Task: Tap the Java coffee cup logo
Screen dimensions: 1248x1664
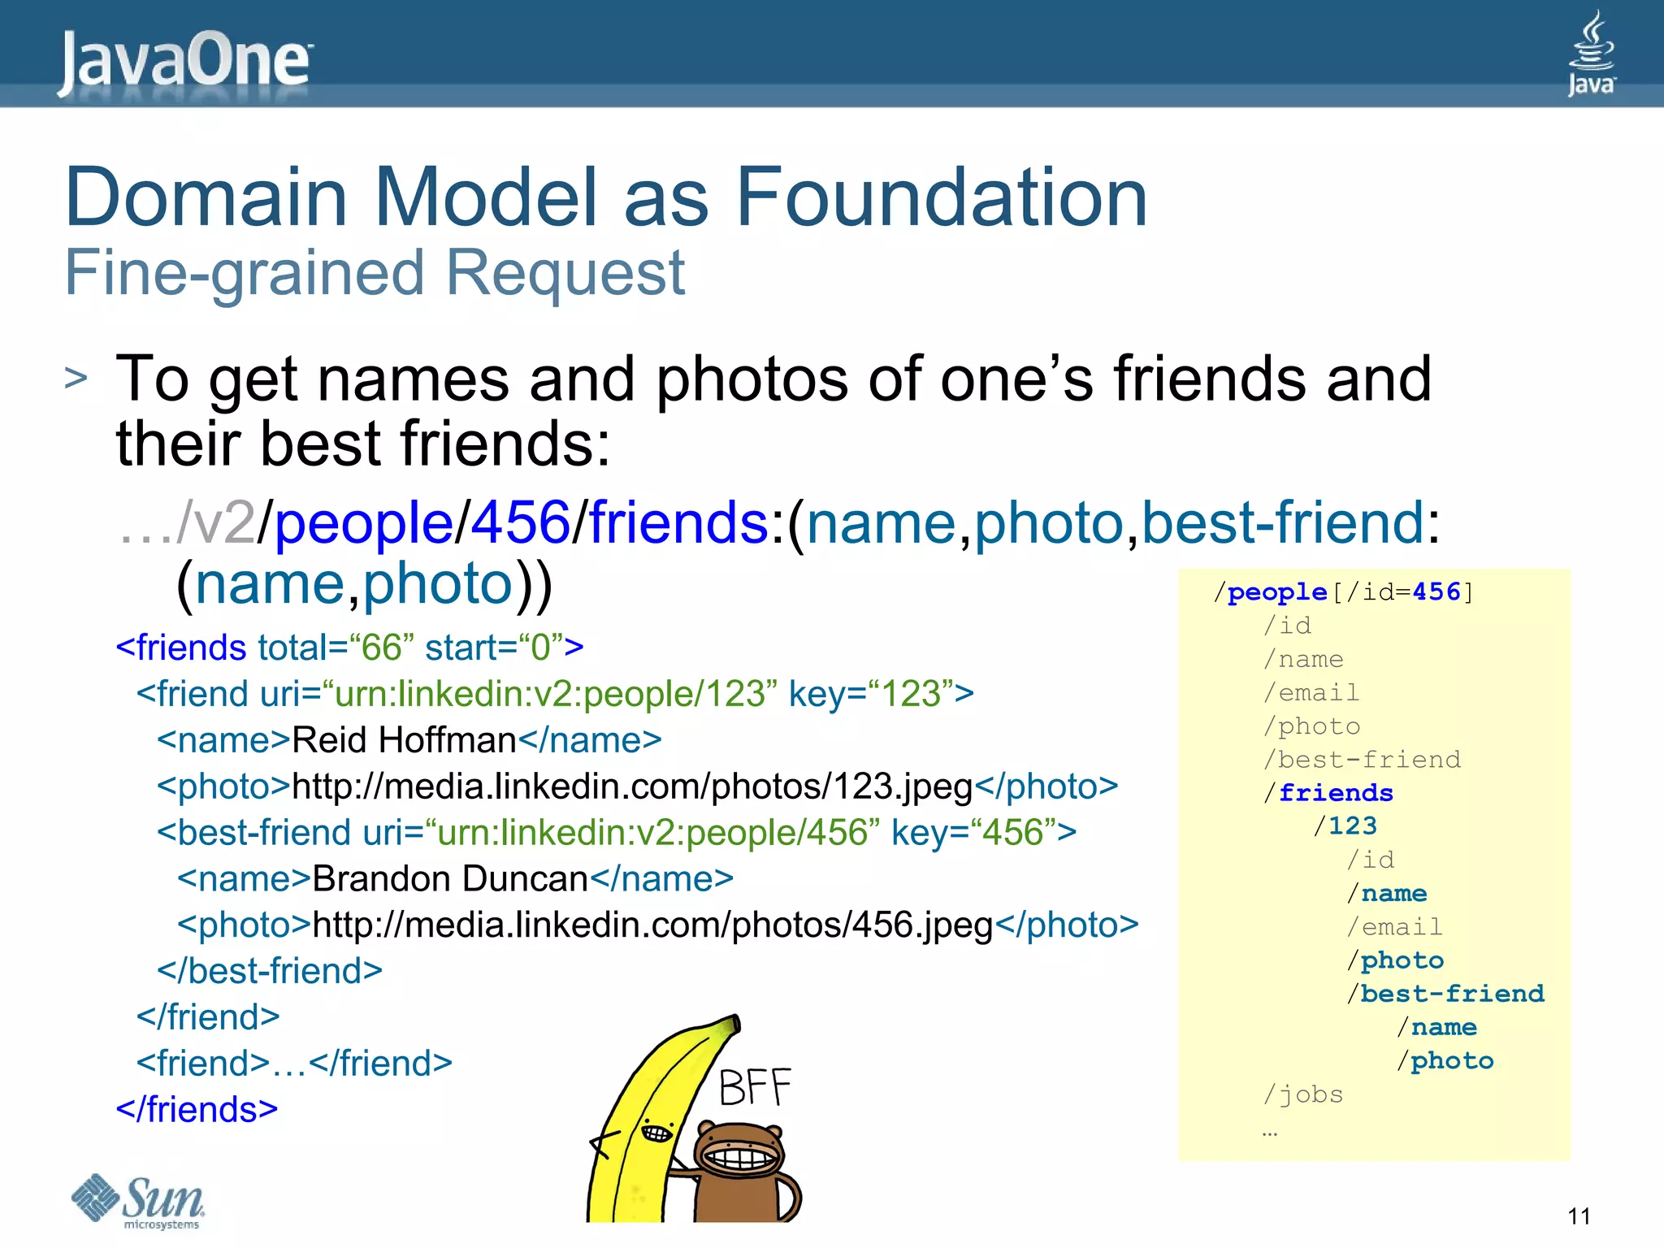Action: click(1591, 53)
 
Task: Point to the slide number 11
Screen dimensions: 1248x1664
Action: click(1579, 1216)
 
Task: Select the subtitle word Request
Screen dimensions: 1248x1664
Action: click(565, 273)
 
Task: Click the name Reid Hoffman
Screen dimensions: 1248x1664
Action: click(404, 740)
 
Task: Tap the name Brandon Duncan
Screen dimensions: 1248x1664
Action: click(449, 879)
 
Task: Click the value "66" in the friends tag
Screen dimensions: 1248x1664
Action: click(381, 648)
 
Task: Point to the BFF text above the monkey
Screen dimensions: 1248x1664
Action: click(755, 1088)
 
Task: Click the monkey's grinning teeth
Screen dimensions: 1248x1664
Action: click(738, 1156)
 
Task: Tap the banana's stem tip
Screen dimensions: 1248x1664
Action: click(734, 1022)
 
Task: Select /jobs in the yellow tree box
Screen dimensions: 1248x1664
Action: click(1303, 1094)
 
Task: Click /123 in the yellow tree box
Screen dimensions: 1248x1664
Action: click(1345, 826)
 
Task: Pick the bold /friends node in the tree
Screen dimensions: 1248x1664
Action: click(1328, 793)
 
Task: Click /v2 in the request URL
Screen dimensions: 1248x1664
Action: click(215, 522)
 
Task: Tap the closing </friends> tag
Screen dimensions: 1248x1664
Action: click(197, 1110)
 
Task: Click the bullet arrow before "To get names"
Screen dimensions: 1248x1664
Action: click(76, 379)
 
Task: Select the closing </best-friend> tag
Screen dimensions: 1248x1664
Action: click(269, 971)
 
